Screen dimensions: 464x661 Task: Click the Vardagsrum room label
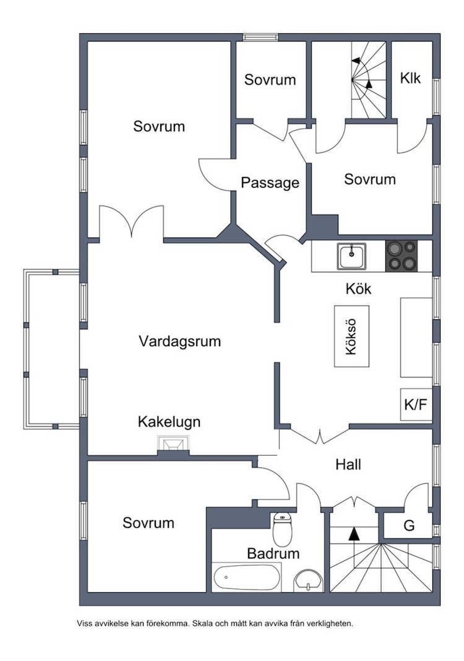[179, 341]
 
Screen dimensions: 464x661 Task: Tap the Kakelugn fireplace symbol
[172, 444]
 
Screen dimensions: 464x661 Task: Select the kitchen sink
[352, 256]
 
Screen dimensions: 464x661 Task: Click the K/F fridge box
[416, 405]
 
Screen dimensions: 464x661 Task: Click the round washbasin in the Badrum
[307, 580]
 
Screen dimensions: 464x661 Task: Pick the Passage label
[270, 183]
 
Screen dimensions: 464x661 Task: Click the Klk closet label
[411, 79]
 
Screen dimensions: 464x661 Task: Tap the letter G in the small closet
[409, 526]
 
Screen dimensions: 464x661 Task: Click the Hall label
[348, 464]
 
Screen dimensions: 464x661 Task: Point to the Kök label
[359, 289]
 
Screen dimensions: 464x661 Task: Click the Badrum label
[273, 553]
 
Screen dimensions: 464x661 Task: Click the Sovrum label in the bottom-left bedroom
[148, 523]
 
